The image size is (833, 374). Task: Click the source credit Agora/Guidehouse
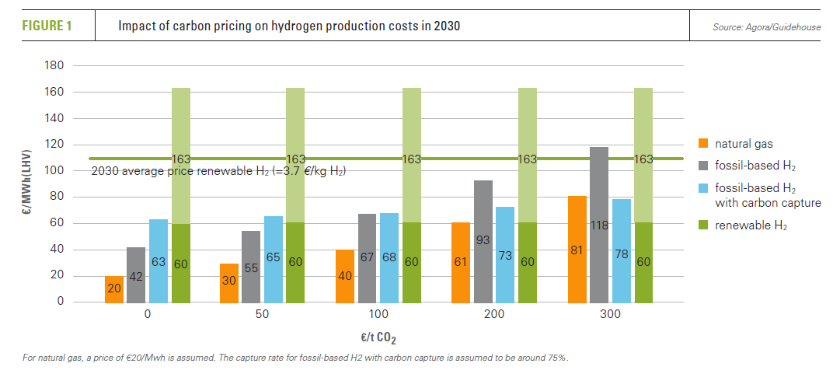(765, 28)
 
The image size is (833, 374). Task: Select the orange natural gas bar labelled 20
(114, 288)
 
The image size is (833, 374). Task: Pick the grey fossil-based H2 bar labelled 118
(599, 224)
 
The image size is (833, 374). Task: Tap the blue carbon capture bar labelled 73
(506, 254)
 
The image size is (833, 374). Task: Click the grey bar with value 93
(483, 241)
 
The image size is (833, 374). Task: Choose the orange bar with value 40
(345, 275)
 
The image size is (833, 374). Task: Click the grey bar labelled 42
(136, 274)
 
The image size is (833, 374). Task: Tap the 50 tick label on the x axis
(263, 315)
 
